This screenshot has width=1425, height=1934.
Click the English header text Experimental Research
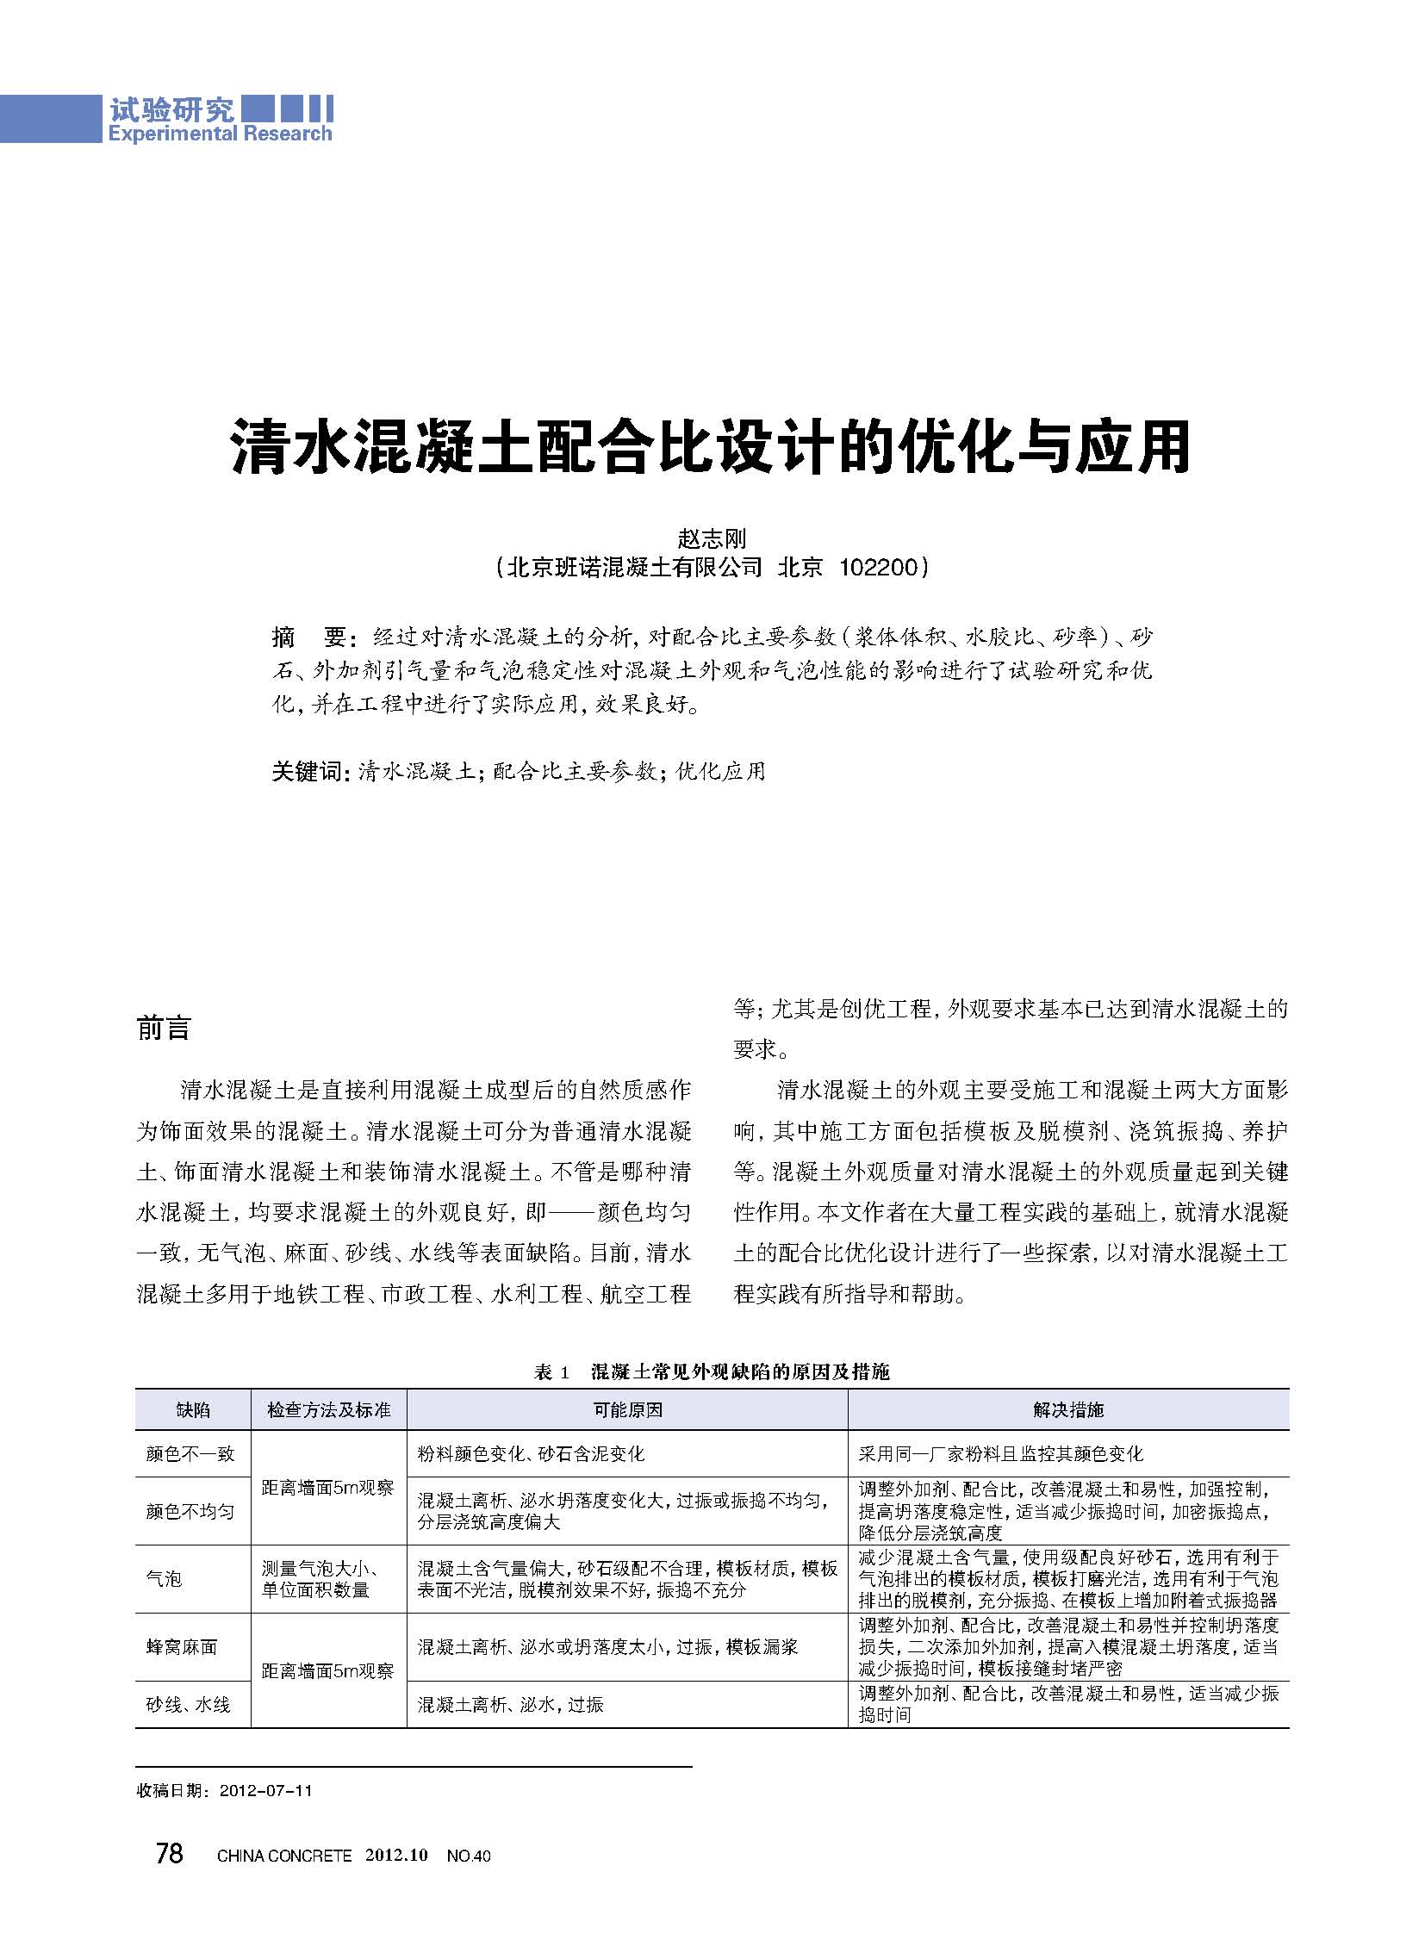[x=220, y=134]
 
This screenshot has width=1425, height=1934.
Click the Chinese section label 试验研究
[x=171, y=109]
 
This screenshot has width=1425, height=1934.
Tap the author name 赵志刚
[x=712, y=538]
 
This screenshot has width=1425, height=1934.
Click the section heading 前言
[x=163, y=1029]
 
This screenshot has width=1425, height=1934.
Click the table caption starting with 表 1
[x=712, y=1371]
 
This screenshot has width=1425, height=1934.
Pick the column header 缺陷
[x=193, y=1409]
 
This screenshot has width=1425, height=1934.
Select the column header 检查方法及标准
[x=328, y=1409]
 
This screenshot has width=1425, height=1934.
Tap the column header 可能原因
[x=627, y=1409]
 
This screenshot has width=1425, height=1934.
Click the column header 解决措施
[x=1067, y=1409]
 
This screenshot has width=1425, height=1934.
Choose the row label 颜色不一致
[x=190, y=1453]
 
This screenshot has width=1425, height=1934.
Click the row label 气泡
[x=164, y=1578]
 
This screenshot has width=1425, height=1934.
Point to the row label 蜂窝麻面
[x=181, y=1647]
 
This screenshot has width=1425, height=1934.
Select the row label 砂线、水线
[x=188, y=1704]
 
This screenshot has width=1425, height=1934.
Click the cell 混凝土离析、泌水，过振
[x=511, y=1705]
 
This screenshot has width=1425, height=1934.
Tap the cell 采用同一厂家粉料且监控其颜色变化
[x=1000, y=1453]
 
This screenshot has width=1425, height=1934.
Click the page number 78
[x=169, y=1853]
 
